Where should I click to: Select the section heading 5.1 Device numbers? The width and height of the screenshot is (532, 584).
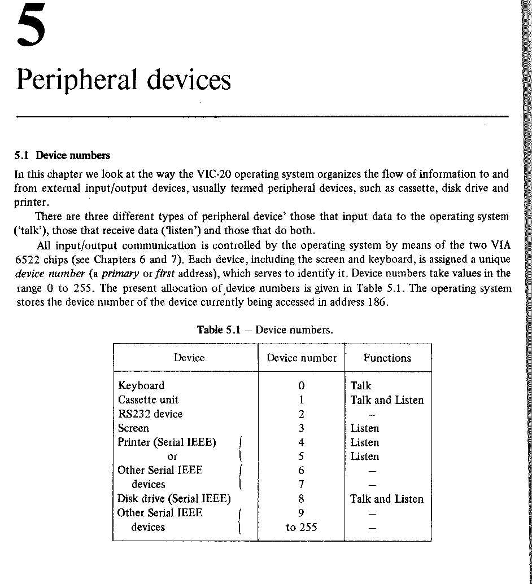coord(62,155)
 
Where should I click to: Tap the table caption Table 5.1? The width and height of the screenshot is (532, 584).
coord(219,330)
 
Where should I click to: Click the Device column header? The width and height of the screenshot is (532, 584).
coord(189,358)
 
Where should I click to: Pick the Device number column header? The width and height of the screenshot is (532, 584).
coord(302,358)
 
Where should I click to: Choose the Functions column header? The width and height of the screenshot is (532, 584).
coord(387,358)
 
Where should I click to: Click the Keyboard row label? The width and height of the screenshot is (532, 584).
coord(141,386)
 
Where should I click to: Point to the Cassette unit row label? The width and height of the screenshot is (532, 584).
coord(148,400)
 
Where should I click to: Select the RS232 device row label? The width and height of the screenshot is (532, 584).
coord(150,414)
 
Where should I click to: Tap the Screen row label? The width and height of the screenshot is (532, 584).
coord(133,428)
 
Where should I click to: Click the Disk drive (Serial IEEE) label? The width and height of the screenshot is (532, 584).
coord(174,499)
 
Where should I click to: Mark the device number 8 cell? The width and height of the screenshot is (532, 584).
coord(302,499)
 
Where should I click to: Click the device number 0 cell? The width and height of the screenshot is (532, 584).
coord(302,386)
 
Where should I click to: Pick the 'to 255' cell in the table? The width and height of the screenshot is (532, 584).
coord(302,528)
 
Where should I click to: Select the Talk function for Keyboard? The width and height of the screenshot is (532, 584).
coord(361,386)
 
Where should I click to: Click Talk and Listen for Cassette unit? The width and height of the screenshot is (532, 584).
coord(387,400)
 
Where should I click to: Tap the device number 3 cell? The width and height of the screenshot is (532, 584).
coord(302,428)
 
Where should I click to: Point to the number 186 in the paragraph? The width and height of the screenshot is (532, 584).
coord(379,302)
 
